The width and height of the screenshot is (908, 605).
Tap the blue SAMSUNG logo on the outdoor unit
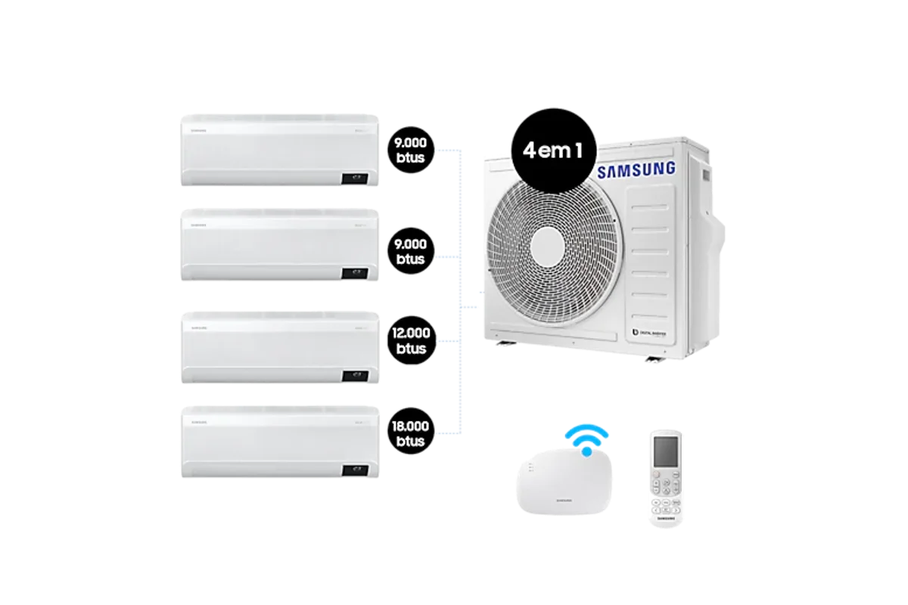point(636,169)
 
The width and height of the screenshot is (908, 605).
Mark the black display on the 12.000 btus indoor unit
point(354,374)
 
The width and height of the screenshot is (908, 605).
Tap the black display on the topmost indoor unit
point(354,178)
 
